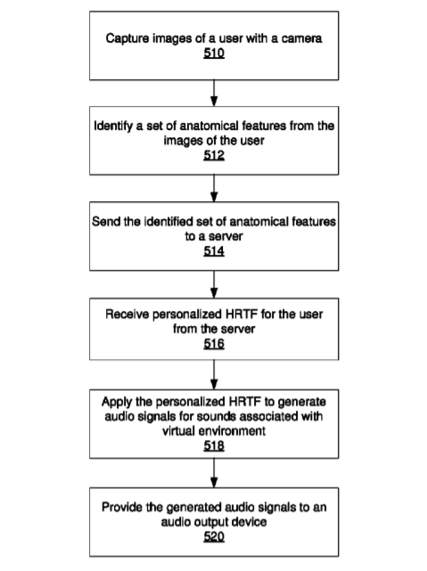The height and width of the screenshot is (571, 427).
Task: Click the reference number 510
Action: pyautogui.click(x=214, y=53)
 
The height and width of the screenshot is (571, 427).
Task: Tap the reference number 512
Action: pyautogui.click(x=214, y=156)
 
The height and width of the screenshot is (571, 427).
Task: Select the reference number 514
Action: pyautogui.click(x=214, y=251)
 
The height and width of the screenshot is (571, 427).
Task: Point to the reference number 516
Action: pyautogui.click(x=214, y=343)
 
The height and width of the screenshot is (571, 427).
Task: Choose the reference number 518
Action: pyautogui.click(x=214, y=445)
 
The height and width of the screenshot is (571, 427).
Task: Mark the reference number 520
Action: pyautogui.click(x=214, y=536)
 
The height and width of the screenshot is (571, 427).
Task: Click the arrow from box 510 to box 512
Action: pyautogui.click(x=214, y=94)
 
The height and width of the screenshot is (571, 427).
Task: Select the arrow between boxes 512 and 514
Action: pyautogui.click(x=214, y=188)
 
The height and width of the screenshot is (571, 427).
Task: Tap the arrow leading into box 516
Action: pyautogui.click(x=214, y=284)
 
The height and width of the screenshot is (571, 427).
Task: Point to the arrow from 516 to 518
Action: pyautogui.click(x=214, y=375)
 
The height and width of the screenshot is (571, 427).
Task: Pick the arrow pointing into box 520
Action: pyautogui.click(x=214, y=473)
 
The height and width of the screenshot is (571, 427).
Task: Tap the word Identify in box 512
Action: pyautogui.click(x=113, y=126)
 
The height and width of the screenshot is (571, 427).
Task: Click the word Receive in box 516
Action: pyautogui.click(x=127, y=314)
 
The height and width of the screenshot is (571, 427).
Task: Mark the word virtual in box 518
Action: pyautogui.click(x=177, y=431)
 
